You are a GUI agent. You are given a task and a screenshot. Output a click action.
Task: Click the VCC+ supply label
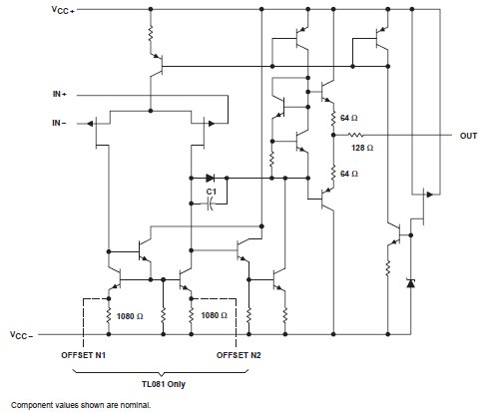click(63, 10)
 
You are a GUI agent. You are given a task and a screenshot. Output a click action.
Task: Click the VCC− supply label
click(22, 335)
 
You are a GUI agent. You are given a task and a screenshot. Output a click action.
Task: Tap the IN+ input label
click(60, 94)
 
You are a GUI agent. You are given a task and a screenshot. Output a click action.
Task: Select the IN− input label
click(59, 123)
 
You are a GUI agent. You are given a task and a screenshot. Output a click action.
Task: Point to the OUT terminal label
click(468, 136)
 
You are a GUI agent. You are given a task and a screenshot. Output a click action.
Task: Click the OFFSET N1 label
click(83, 355)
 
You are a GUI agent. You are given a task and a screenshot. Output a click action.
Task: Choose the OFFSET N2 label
click(239, 355)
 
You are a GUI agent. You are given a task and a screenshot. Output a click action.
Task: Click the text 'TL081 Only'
click(164, 384)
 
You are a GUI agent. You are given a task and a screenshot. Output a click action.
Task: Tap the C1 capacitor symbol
click(210, 204)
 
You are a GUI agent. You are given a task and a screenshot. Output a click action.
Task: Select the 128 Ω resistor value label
click(362, 148)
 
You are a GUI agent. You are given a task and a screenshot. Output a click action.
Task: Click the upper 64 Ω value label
click(349, 118)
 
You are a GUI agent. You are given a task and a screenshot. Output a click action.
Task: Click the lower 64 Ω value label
click(349, 174)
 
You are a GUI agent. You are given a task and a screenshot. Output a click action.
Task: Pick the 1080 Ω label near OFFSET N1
click(130, 316)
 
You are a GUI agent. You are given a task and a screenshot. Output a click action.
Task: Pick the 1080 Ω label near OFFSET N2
click(214, 315)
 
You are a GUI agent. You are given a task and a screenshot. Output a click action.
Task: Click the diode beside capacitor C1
click(211, 179)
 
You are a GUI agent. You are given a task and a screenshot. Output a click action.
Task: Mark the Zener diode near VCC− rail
click(411, 283)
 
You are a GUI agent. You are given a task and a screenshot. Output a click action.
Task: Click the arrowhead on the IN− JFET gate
click(90, 124)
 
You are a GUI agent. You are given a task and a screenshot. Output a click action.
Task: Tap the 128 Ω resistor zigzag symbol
click(355, 135)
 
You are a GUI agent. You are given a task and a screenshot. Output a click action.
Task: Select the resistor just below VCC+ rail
click(151, 33)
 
